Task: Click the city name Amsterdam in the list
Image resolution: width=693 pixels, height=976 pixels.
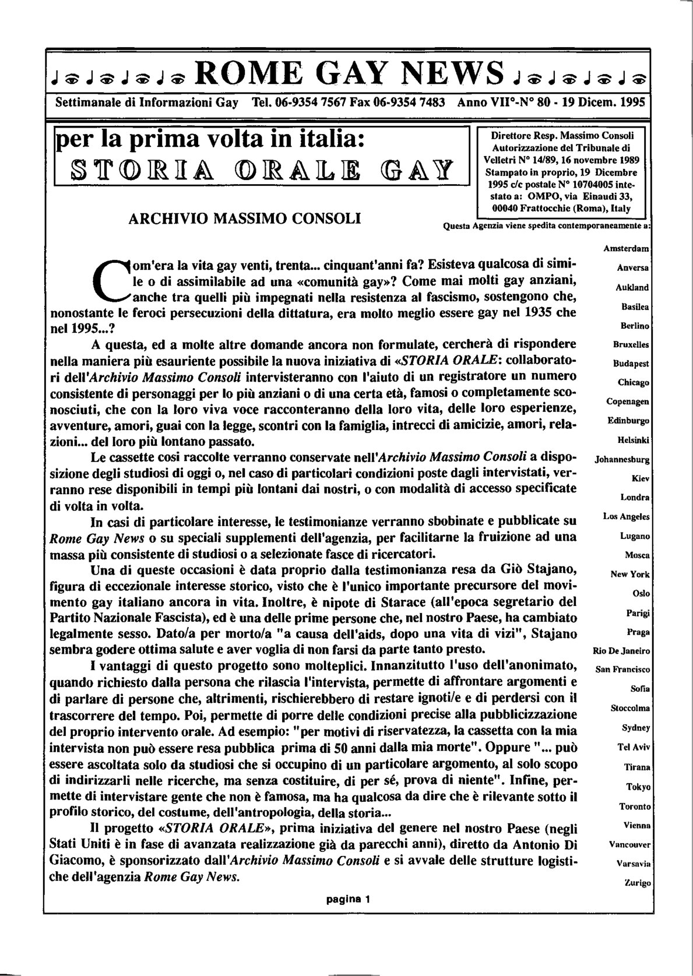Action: [626, 249]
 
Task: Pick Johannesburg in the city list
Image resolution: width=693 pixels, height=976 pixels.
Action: [622, 459]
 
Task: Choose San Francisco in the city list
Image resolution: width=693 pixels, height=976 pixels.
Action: [622, 670]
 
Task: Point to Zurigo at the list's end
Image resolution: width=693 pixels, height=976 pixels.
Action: [636, 883]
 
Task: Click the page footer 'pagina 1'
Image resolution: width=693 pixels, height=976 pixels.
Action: [348, 898]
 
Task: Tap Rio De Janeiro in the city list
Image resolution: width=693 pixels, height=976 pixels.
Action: [621, 651]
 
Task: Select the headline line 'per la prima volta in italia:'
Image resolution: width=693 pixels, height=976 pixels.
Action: [210, 140]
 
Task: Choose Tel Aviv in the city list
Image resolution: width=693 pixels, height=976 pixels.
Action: [634, 746]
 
